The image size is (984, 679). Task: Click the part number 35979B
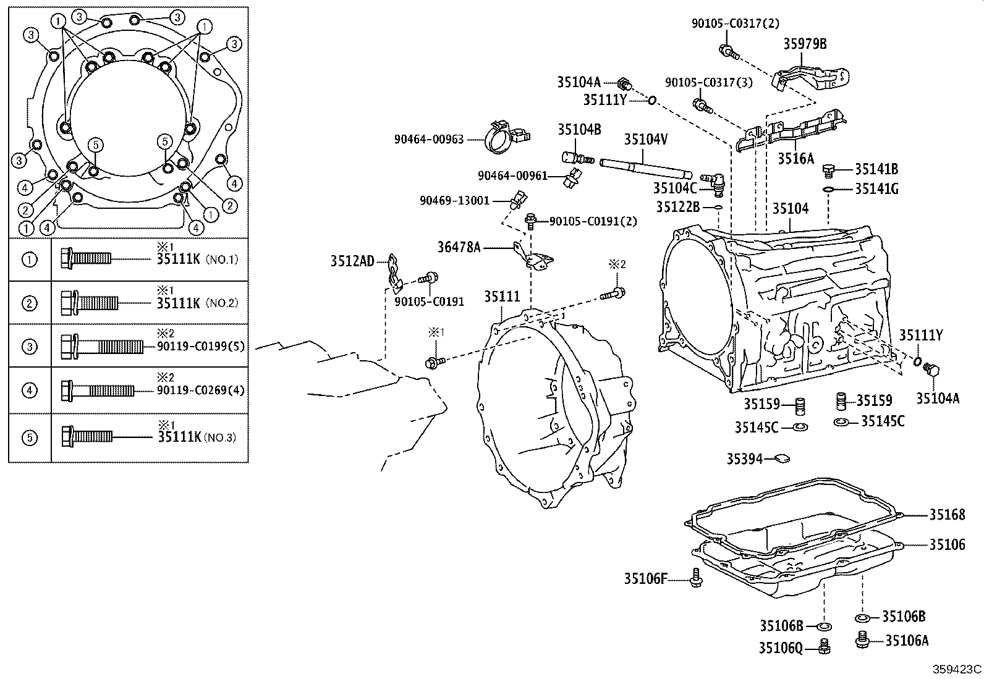[805, 44]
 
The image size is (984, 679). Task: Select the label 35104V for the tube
[645, 140]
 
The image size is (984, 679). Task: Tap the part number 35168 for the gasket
[947, 515]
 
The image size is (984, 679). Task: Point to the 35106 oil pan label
[947, 544]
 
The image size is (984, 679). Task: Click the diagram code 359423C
[957, 669]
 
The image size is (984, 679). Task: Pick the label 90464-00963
[428, 140]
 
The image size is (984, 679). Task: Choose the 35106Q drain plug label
[780, 647]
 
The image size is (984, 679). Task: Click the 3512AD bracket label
[352, 261]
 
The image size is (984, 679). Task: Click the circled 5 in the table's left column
[29, 438]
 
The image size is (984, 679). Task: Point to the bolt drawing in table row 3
[102, 346]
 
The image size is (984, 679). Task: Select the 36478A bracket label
[459, 247]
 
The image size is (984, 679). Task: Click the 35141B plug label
[876, 169]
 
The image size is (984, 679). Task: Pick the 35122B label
[677, 207]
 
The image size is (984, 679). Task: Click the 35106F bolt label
[645, 579]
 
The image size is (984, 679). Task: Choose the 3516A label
[795, 159]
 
